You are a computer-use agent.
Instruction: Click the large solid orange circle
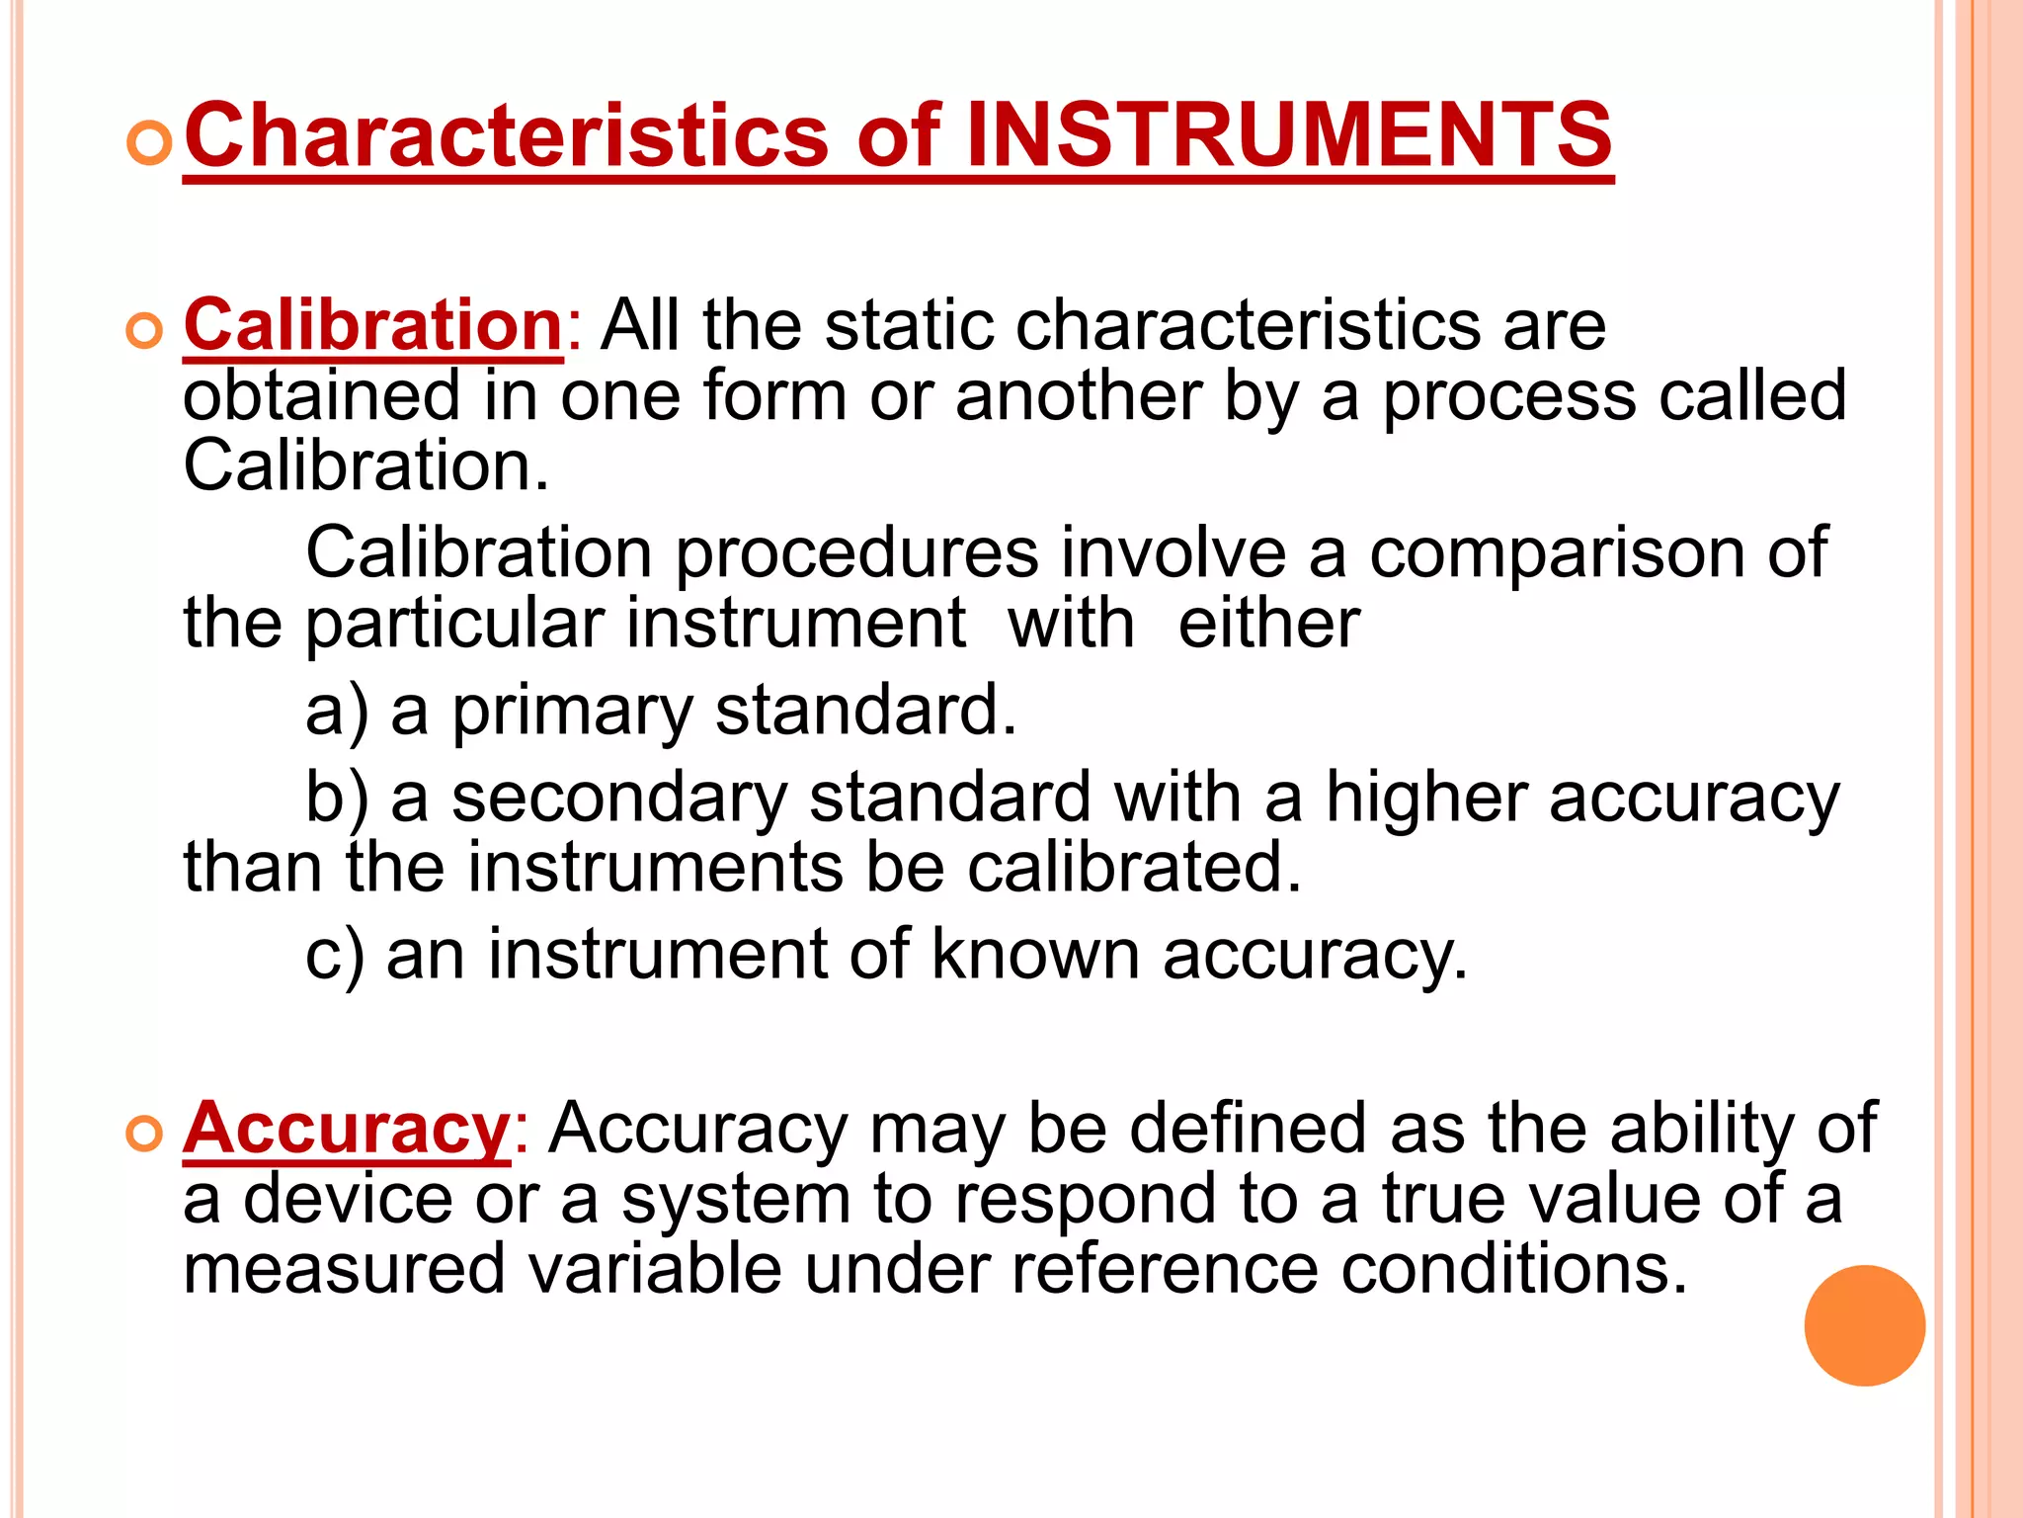pos(1864,1325)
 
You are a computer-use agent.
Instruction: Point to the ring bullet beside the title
pos(149,144)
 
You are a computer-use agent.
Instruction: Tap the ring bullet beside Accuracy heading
pos(145,1135)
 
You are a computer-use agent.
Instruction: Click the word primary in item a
pos(573,712)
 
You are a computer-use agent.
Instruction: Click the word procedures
pos(856,553)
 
